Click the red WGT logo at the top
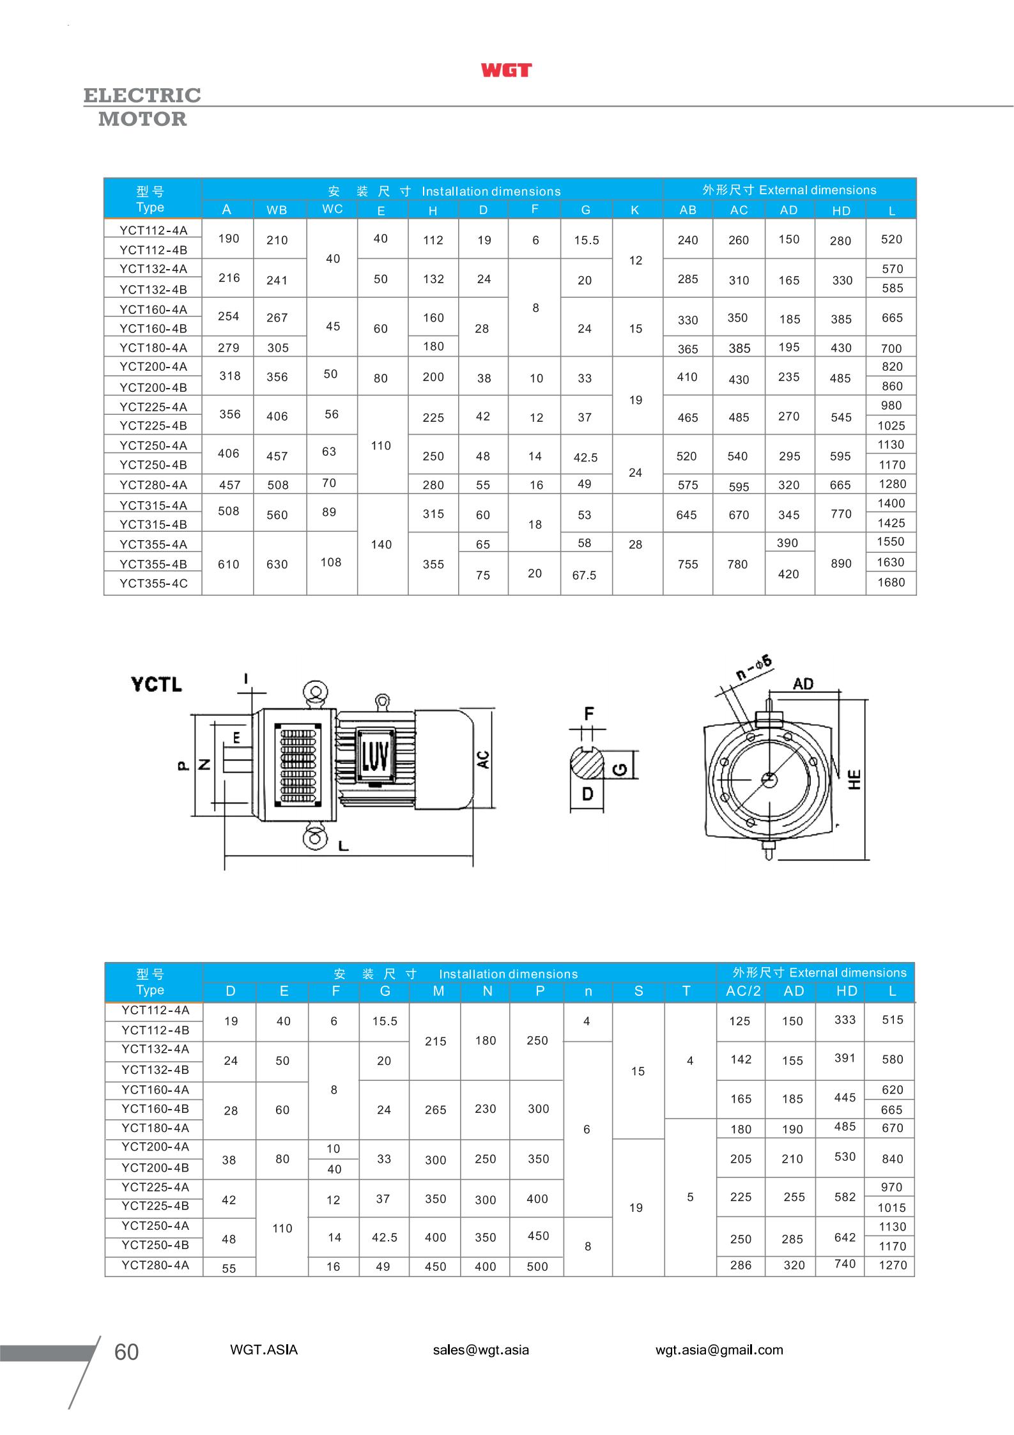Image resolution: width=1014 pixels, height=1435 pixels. [506, 70]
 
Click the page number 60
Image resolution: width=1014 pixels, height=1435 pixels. [126, 1352]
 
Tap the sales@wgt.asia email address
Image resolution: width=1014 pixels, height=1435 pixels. [480, 1350]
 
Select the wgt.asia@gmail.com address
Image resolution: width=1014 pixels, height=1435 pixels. [719, 1350]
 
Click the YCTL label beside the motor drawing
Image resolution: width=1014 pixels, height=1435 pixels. [157, 685]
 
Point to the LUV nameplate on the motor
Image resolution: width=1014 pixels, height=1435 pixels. [374, 758]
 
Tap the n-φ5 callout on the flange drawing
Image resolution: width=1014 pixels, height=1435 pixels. [754, 667]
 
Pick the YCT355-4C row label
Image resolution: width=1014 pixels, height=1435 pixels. [153, 584]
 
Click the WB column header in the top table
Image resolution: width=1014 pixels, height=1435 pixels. [277, 210]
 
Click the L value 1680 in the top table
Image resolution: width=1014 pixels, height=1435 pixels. [891, 582]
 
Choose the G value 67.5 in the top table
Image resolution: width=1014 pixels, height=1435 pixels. [584, 575]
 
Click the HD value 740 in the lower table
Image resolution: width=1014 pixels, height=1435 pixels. [845, 1264]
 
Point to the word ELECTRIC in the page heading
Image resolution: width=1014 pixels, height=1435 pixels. [142, 95]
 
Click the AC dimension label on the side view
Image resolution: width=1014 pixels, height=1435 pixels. [484, 759]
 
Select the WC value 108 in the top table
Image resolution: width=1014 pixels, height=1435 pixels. [331, 562]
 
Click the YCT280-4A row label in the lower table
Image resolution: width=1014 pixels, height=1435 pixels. [155, 1265]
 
